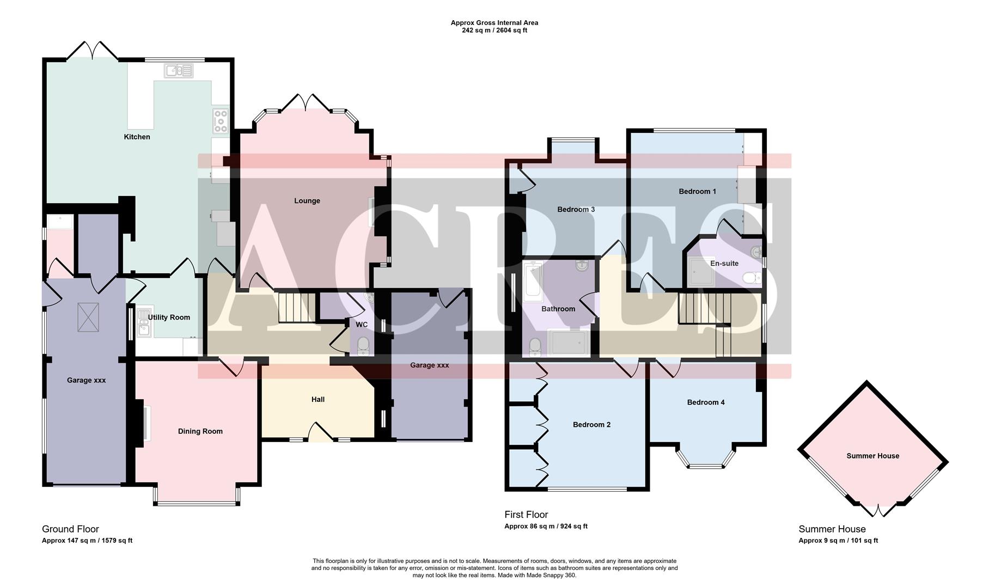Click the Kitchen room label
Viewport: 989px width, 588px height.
click(137, 137)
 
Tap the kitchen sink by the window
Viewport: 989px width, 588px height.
click(178, 71)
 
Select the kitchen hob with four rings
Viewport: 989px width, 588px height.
click(221, 121)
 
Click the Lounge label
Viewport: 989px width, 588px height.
click(307, 200)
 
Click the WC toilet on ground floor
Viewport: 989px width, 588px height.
click(363, 345)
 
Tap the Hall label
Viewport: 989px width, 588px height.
click(318, 399)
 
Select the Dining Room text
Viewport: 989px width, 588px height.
click(200, 431)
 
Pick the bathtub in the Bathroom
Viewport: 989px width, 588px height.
click(533, 281)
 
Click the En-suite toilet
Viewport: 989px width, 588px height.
click(752, 278)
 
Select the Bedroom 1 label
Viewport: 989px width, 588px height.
click(697, 191)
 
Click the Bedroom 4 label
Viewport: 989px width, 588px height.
click(705, 402)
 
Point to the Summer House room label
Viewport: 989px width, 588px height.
click(872, 456)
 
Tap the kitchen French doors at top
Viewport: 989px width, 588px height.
click(91, 51)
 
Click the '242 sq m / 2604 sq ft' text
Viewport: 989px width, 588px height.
click(494, 30)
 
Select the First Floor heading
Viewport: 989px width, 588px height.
click(526, 514)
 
